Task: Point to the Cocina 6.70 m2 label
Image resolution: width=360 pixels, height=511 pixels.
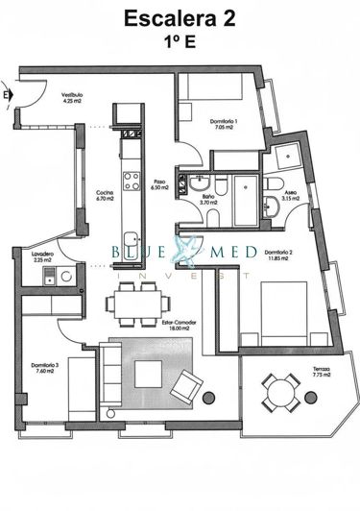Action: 105,197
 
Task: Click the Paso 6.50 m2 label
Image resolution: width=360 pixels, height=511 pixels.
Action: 160,184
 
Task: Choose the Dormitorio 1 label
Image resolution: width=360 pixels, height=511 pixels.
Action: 223,122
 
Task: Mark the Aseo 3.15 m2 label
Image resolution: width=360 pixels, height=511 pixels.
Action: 290,196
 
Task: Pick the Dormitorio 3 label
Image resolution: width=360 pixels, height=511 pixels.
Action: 44,367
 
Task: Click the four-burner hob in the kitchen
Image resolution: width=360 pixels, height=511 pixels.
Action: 130,180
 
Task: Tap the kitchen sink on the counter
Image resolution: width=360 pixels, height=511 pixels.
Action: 129,239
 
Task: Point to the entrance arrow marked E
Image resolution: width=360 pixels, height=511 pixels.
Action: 9,95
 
